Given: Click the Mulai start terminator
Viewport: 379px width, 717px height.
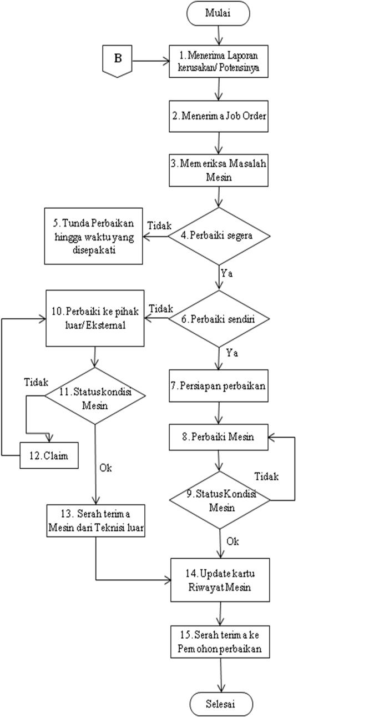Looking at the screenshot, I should click(218, 13).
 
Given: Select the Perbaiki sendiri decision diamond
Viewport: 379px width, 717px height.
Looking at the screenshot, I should click(220, 319).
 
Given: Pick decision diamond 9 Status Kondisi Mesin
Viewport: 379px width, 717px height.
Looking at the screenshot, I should click(220, 501).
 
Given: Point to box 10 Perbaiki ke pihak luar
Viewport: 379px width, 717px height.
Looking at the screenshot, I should click(95, 319).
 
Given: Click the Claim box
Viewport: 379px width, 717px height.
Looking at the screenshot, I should click(49, 455).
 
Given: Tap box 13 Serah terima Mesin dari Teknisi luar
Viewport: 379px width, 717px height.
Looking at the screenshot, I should click(95, 520).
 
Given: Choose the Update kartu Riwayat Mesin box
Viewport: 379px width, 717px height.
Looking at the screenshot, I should click(220, 580).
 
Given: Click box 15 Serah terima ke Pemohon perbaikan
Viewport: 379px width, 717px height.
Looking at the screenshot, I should click(220, 641).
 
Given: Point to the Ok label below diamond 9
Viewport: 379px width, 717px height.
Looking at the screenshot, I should click(233, 541).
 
